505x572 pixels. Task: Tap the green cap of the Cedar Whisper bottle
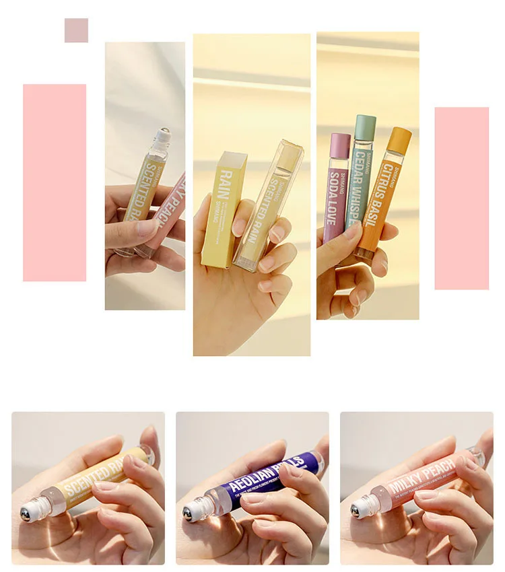(x=365, y=127)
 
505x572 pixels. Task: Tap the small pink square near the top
(x=76, y=30)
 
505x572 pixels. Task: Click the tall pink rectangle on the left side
(x=55, y=182)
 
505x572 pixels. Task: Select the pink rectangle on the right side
(x=461, y=198)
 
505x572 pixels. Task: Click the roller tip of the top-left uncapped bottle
(x=164, y=135)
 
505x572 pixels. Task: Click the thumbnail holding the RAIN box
(x=252, y=195)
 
